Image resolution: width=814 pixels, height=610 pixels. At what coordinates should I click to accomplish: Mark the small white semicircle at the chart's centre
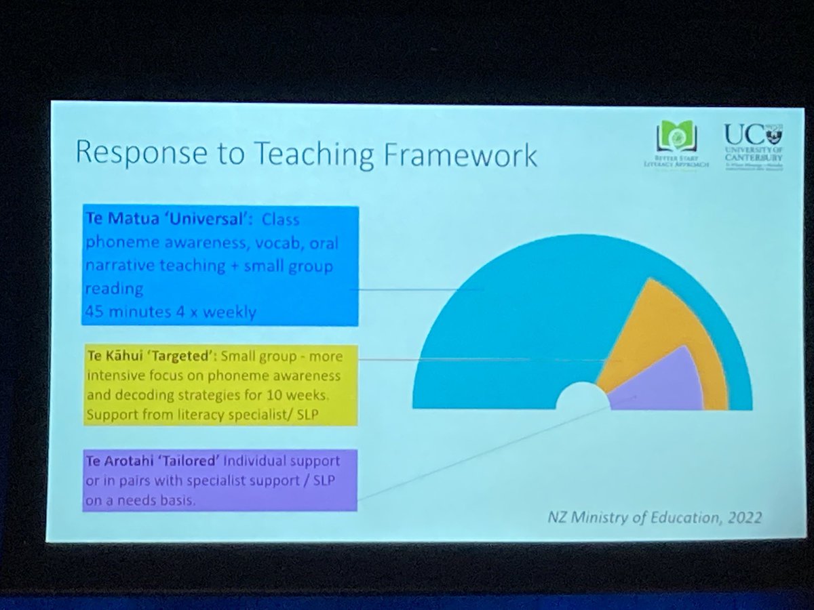pyautogui.click(x=583, y=400)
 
